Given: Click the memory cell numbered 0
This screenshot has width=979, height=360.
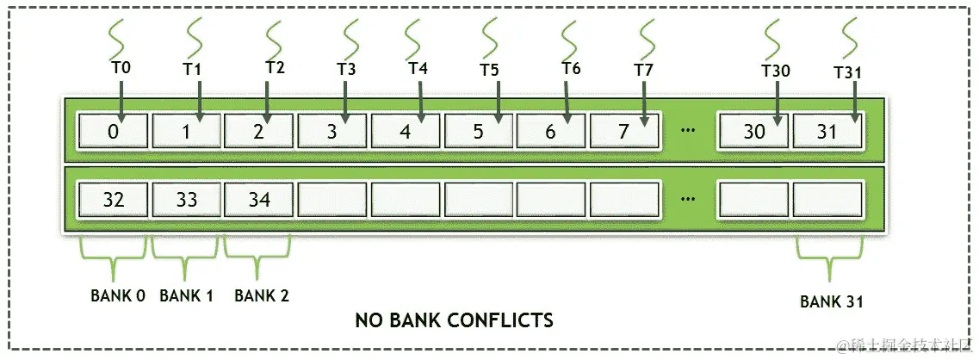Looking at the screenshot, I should [113, 131].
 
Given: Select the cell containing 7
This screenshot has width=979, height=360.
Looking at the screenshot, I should [625, 131].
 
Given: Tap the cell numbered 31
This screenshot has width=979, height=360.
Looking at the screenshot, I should [827, 131].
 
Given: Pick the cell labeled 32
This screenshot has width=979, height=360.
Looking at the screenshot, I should [113, 199].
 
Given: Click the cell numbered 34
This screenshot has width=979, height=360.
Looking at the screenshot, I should [259, 199].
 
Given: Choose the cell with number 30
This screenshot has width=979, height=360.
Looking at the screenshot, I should [754, 131].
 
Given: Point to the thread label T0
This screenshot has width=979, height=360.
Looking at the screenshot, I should [121, 66].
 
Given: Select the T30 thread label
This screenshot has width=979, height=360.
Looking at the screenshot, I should [776, 71].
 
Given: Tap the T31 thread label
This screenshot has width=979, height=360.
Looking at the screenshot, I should [847, 72].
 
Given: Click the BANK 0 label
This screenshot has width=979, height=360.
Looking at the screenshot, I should [118, 295].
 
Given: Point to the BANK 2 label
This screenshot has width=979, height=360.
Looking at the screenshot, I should [262, 295].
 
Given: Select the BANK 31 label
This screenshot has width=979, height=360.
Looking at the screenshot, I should [832, 301].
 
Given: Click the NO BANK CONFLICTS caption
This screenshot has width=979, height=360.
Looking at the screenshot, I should [454, 320].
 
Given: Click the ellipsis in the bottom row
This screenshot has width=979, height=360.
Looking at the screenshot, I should [687, 199].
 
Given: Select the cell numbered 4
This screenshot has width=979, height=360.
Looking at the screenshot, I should [405, 131].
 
